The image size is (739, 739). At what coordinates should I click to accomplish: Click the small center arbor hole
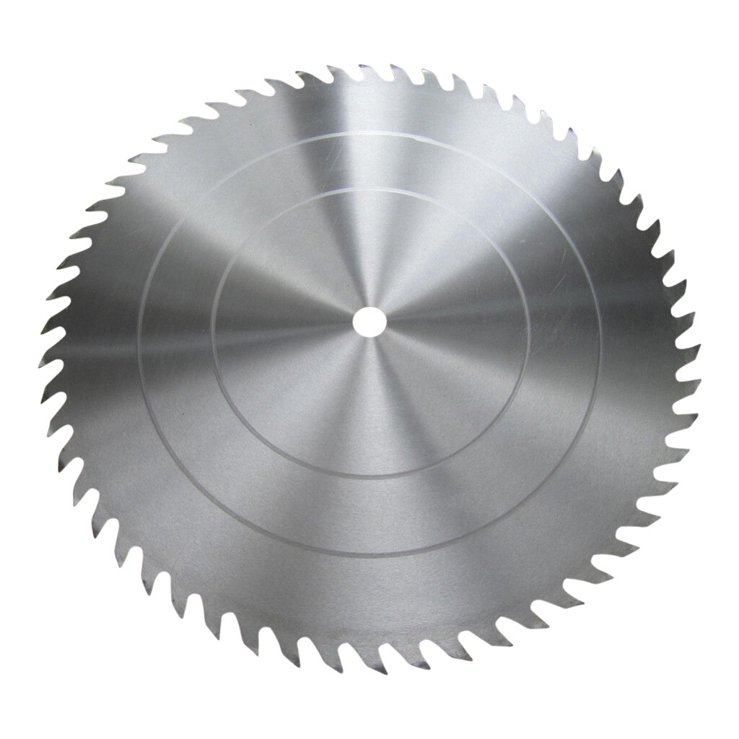(x=369, y=320)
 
